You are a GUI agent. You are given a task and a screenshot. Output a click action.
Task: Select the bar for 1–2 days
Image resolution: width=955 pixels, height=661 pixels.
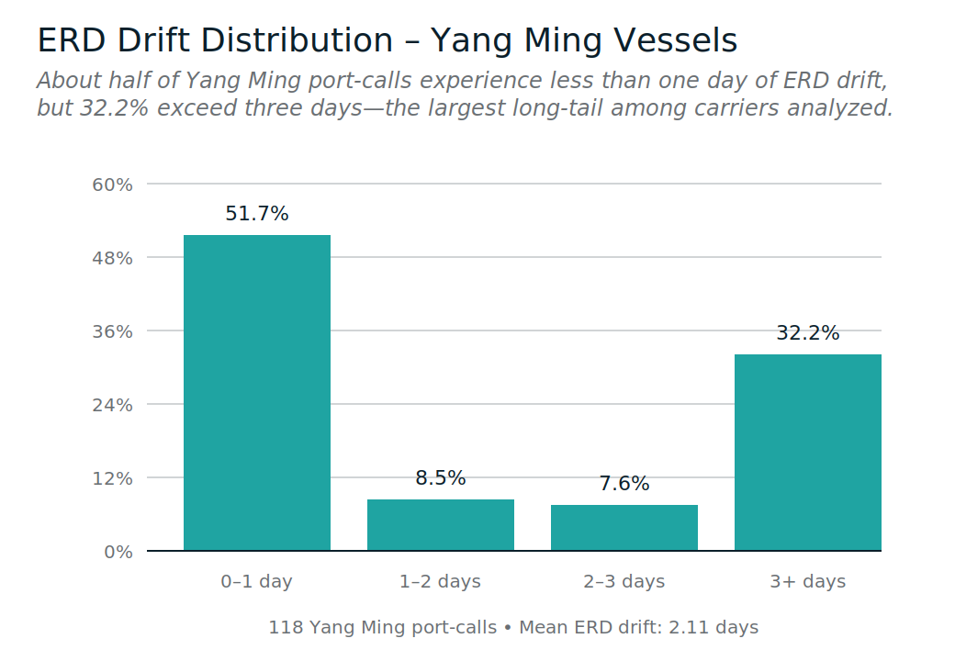click(x=441, y=525)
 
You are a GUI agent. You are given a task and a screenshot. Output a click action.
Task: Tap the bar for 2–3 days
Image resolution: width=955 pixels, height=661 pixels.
click(x=624, y=528)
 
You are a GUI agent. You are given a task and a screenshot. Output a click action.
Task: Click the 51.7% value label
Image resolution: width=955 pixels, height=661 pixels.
click(x=257, y=214)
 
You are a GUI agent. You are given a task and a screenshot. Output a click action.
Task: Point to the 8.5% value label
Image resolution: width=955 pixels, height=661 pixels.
click(x=441, y=478)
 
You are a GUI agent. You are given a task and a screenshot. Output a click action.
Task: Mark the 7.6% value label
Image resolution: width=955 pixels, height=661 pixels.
click(x=624, y=484)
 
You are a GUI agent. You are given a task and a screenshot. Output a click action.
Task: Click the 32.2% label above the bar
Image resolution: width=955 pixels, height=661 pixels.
click(x=808, y=333)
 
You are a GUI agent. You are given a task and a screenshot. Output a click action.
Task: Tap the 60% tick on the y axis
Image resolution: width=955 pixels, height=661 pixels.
click(x=113, y=185)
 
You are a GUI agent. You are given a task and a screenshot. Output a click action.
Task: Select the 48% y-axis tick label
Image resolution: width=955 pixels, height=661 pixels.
click(x=113, y=258)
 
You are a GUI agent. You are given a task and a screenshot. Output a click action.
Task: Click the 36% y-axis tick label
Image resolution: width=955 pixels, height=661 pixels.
click(x=113, y=331)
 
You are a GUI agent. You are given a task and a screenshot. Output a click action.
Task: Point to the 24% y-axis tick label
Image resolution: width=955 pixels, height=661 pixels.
click(x=113, y=405)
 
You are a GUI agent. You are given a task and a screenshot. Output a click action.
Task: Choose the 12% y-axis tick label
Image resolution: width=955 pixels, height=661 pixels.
click(x=113, y=478)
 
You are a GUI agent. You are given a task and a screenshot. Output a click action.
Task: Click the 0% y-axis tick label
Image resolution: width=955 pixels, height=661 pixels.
click(x=118, y=552)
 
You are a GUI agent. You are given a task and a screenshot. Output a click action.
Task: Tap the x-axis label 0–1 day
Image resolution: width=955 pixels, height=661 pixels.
click(x=257, y=582)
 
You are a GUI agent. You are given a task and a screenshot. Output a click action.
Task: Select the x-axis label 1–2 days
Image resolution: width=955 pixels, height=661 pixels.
click(x=441, y=582)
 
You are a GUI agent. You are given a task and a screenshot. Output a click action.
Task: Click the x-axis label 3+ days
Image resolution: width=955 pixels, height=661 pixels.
click(x=808, y=582)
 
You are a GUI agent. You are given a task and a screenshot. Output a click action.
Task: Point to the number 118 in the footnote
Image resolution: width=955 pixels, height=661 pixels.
click(x=285, y=628)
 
